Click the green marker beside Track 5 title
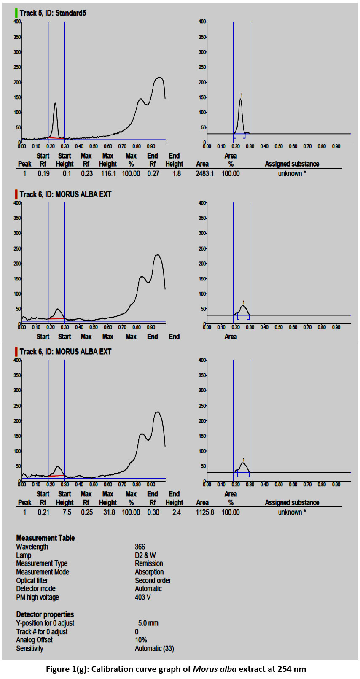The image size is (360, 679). pyautogui.click(x=16, y=13)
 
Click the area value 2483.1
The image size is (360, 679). pyautogui.click(x=205, y=174)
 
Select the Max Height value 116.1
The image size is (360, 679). pyautogui.click(x=107, y=174)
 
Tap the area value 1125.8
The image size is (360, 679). pyautogui.click(x=205, y=512)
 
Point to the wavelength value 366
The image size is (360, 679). pyautogui.click(x=140, y=547)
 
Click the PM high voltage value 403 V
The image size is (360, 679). pyautogui.click(x=143, y=598)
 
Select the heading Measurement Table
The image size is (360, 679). pyautogui.click(x=46, y=538)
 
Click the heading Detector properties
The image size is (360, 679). pyautogui.click(x=45, y=614)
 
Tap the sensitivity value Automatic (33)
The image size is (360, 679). pyautogui.click(x=154, y=649)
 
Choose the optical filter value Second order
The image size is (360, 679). pyautogui.click(x=153, y=581)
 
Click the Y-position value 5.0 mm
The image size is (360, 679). pyautogui.click(x=148, y=623)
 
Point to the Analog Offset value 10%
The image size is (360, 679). pyautogui.click(x=141, y=640)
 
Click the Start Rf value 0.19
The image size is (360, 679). pyautogui.click(x=43, y=174)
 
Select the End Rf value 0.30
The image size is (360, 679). pyautogui.click(x=153, y=512)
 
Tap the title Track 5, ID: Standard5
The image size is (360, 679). pyautogui.click(x=53, y=13)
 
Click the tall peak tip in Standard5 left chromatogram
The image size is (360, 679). pyautogui.click(x=55, y=103)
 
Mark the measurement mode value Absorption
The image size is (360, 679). pyautogui.click(x=149, y=572)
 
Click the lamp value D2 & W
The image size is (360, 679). pyautogui.click(x=145, y=555)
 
